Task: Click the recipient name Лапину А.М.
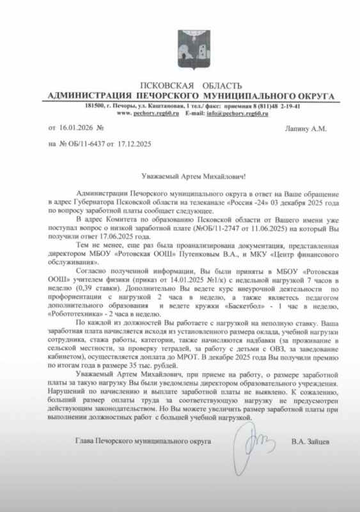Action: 305,128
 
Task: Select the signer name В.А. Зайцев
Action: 310,442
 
